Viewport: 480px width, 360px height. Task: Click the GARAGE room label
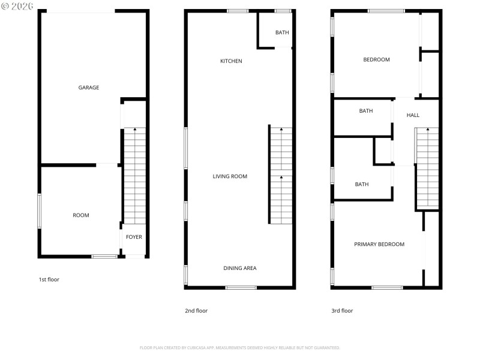coord(89,88)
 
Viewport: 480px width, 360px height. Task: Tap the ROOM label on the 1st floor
coord(81,215)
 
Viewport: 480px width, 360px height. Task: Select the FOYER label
coord(134,237)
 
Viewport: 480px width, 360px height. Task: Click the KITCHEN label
coord(231,61)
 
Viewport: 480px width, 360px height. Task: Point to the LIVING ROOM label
coord(230,176)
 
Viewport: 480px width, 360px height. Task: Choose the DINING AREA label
coord(240,268)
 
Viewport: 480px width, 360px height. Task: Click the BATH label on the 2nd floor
coord(282,32)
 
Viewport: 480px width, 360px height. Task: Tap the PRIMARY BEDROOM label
coord(379,244)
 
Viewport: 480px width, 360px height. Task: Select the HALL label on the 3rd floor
coord(413,115)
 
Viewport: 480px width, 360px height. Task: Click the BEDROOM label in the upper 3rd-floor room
coord(377,59)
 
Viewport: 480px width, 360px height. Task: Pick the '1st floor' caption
coord(49,280)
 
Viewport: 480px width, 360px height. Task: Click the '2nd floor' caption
coord(196,311)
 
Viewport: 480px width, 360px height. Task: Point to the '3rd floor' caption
coord(342,311)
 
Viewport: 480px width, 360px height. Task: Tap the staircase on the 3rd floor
coord(427,168)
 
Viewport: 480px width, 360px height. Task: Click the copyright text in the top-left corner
coord(17,6)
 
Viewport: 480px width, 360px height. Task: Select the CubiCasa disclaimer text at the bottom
coord(240,347)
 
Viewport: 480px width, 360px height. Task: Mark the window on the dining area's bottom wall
coord(241,287)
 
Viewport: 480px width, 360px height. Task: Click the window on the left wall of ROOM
coord(40,211)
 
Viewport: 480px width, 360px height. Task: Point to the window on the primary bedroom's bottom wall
coord(387,287)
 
